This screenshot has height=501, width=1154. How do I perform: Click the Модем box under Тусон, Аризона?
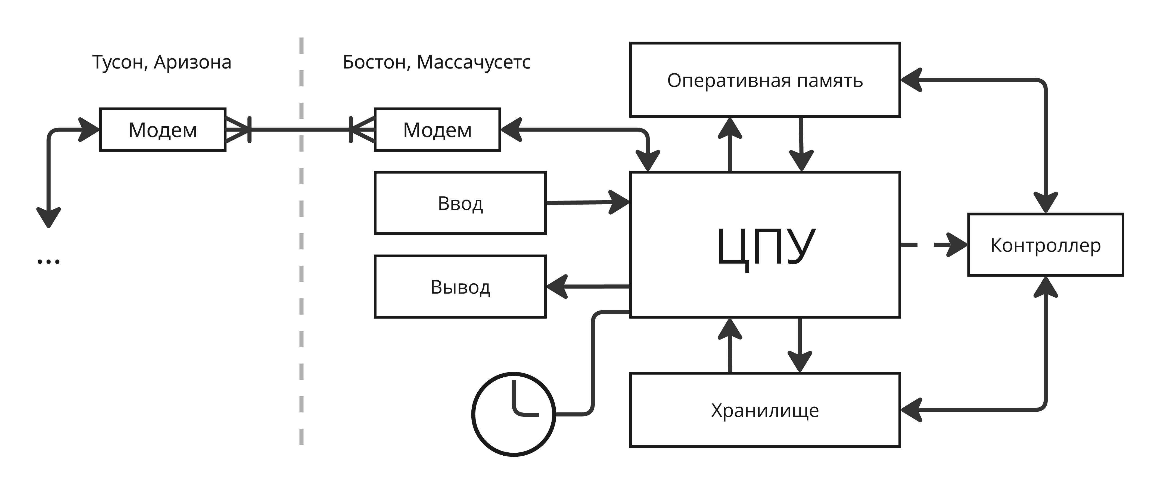163,130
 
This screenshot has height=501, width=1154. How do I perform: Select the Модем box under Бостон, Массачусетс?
437,130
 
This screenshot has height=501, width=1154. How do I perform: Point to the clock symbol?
514,414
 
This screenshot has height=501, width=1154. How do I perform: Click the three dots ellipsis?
48,261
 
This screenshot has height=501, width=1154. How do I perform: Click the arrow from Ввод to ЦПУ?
587,202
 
